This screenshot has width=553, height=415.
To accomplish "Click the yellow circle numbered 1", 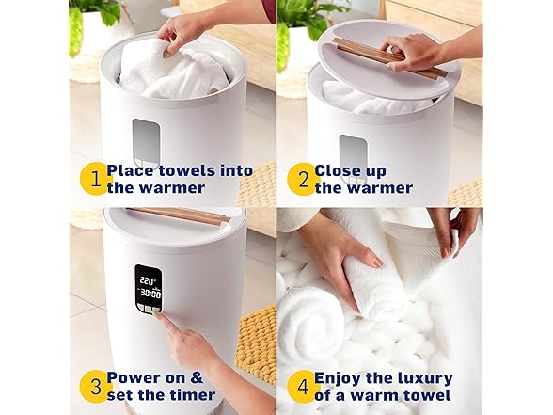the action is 95,179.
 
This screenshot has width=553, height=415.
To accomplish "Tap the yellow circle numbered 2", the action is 303,179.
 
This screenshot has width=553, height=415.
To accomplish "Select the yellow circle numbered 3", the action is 95,387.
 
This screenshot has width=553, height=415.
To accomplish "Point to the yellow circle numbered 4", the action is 303,387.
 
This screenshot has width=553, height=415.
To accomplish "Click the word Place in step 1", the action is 130,171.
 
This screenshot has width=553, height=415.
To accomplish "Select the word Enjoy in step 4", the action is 338,379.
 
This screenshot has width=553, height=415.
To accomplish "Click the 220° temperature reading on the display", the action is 148,281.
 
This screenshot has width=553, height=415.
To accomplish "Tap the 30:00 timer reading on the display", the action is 150,293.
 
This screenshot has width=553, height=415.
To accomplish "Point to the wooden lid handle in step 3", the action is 179,215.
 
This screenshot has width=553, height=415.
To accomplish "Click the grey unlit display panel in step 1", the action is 146,139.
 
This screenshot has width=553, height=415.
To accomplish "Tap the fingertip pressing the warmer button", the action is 156,313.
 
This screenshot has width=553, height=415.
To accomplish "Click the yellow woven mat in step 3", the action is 257,344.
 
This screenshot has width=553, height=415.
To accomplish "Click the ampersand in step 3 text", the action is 197,378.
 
